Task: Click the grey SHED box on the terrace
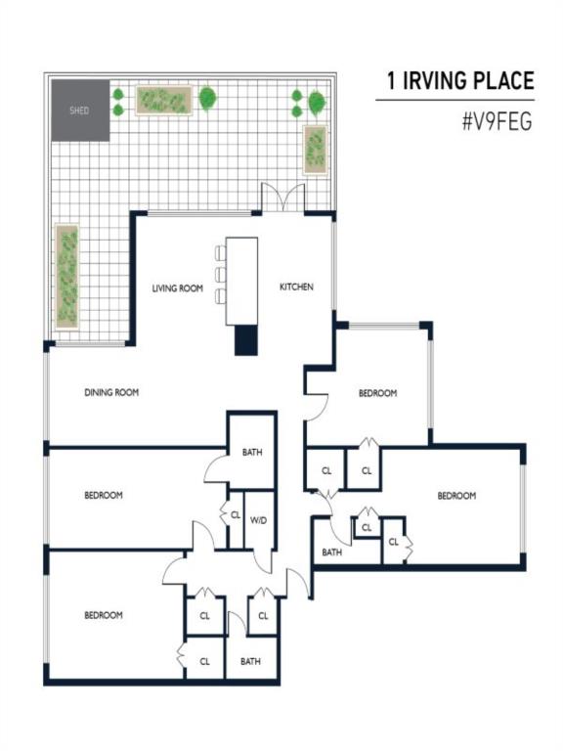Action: click(x=80, y=110)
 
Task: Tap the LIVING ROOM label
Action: click(x=178, y=288)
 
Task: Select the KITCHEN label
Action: click(x=296, y=287)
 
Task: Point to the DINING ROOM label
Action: click(x=111, y=392)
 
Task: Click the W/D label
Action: click(x=258, y=520)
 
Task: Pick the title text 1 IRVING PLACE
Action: click(x=460, y=80)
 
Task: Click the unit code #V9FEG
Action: click(x=498, y=121)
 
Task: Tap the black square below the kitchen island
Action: click(x=246, y=340)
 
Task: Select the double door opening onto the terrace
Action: click(x=282, y=198)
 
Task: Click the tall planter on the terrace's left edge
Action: click(x=67, y=277)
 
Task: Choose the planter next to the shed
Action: click(x=164, y=100)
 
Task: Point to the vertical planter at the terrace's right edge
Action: click(x=316, y=150)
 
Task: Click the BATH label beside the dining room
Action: click(x=252, y=452)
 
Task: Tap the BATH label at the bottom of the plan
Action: click(x=250, y=661)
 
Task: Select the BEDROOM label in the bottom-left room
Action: click(x=104, y=615)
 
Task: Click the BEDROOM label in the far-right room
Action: click(x=456, y=496)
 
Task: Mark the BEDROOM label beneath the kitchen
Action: click(x=377, y=393)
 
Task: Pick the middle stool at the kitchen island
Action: click(x=220, y=275)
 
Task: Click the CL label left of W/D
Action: click(x=236, y=515)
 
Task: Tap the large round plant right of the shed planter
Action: click(x=207, y=98)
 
